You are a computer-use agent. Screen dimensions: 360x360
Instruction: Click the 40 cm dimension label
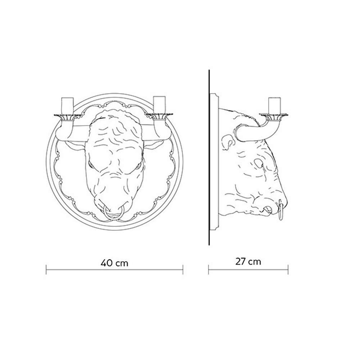coord(114,263)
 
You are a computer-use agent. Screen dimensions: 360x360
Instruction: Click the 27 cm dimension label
coord(248,261)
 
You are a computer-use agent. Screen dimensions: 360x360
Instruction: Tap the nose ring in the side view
coord(280,211)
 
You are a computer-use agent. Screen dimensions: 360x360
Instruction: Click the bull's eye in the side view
coord(259,163)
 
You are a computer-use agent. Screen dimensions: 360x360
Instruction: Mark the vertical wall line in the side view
coord(209,158)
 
